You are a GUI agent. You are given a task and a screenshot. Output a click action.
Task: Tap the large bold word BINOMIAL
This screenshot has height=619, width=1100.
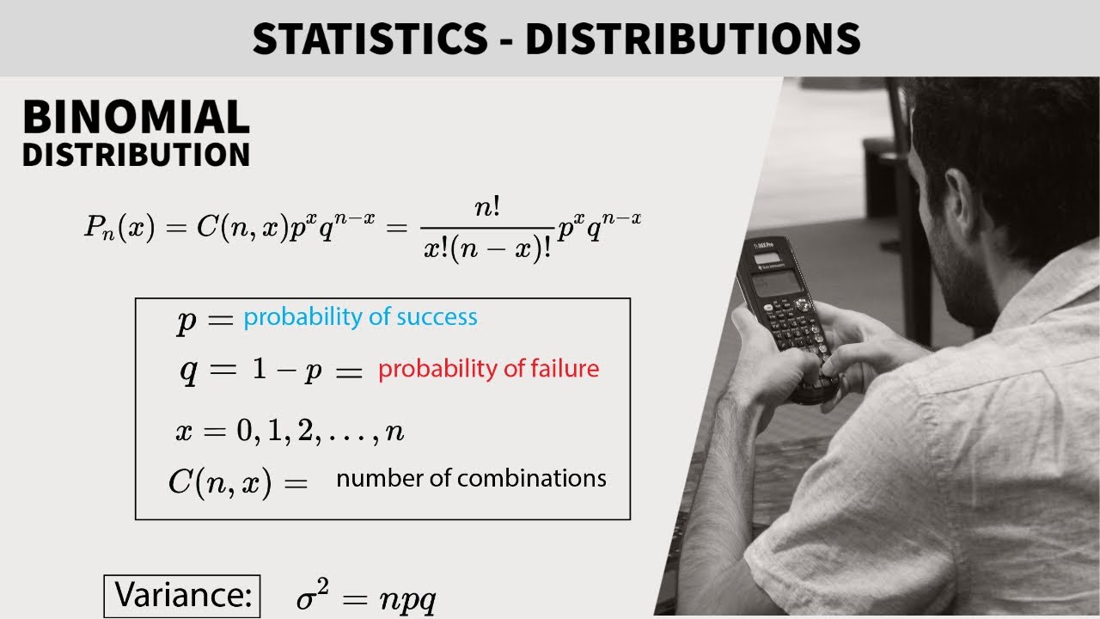pyautogui.click(x=136, y=118)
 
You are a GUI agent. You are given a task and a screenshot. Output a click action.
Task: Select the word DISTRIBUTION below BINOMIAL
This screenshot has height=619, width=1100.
pyautogui.click(x=136, y=155)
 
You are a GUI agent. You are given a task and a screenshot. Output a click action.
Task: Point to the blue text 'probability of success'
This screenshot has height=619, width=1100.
pyautogui.click(x=360, y=317)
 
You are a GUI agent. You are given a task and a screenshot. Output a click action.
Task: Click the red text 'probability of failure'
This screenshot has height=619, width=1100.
pyautogui.click(x=488, y=369)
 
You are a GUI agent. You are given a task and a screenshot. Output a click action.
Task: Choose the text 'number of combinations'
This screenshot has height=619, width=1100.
pyautogui.click(x=471, y=478)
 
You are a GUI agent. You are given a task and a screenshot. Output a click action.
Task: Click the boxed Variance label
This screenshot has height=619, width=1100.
pyautogui.click(x=182, y=595)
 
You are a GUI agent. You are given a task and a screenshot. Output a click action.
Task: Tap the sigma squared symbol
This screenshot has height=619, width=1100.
pyautogui.click(x=312, y=594)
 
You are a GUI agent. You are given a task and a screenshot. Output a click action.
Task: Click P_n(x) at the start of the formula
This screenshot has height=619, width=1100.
pyautogui.click(x=119, y=227)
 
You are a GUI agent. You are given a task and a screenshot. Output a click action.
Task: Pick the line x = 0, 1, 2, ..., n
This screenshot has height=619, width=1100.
pyautogui.click(x=290, y=431)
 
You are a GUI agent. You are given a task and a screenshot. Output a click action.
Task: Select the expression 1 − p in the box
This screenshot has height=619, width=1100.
pyautogui.click(x=292, y=372)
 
